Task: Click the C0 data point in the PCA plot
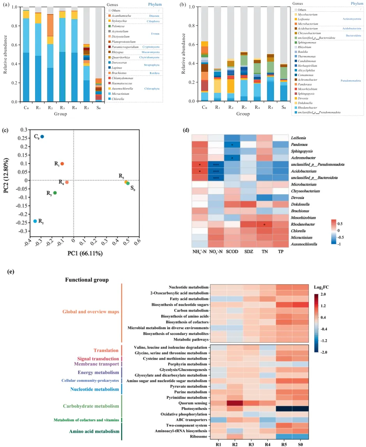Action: coord(42,137)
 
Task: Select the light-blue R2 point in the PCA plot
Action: coord(35,221)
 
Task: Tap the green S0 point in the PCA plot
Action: coord(128,183)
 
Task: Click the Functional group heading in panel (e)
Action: coord(87,280)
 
